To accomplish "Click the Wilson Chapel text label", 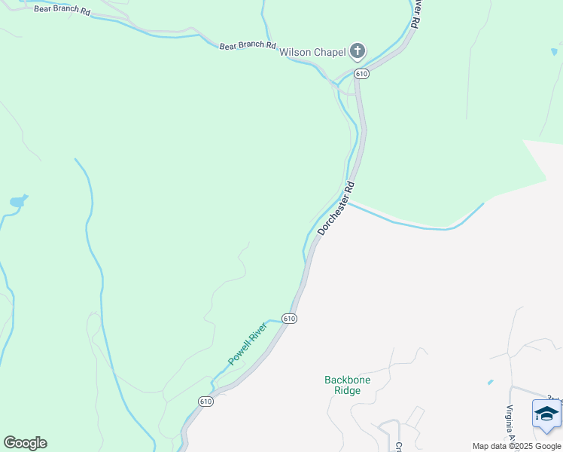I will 312,53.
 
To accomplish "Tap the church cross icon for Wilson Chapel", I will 358,52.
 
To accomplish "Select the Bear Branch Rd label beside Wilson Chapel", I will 248,46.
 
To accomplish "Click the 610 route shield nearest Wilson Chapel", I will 361,74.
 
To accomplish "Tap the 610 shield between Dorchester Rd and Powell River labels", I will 290,319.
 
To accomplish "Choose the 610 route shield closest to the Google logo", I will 206,402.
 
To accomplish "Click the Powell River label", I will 248,343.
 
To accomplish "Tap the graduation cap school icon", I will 546,414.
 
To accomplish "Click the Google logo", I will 25,443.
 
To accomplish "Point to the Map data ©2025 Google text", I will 516,446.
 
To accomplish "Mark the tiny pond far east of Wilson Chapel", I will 554,53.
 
